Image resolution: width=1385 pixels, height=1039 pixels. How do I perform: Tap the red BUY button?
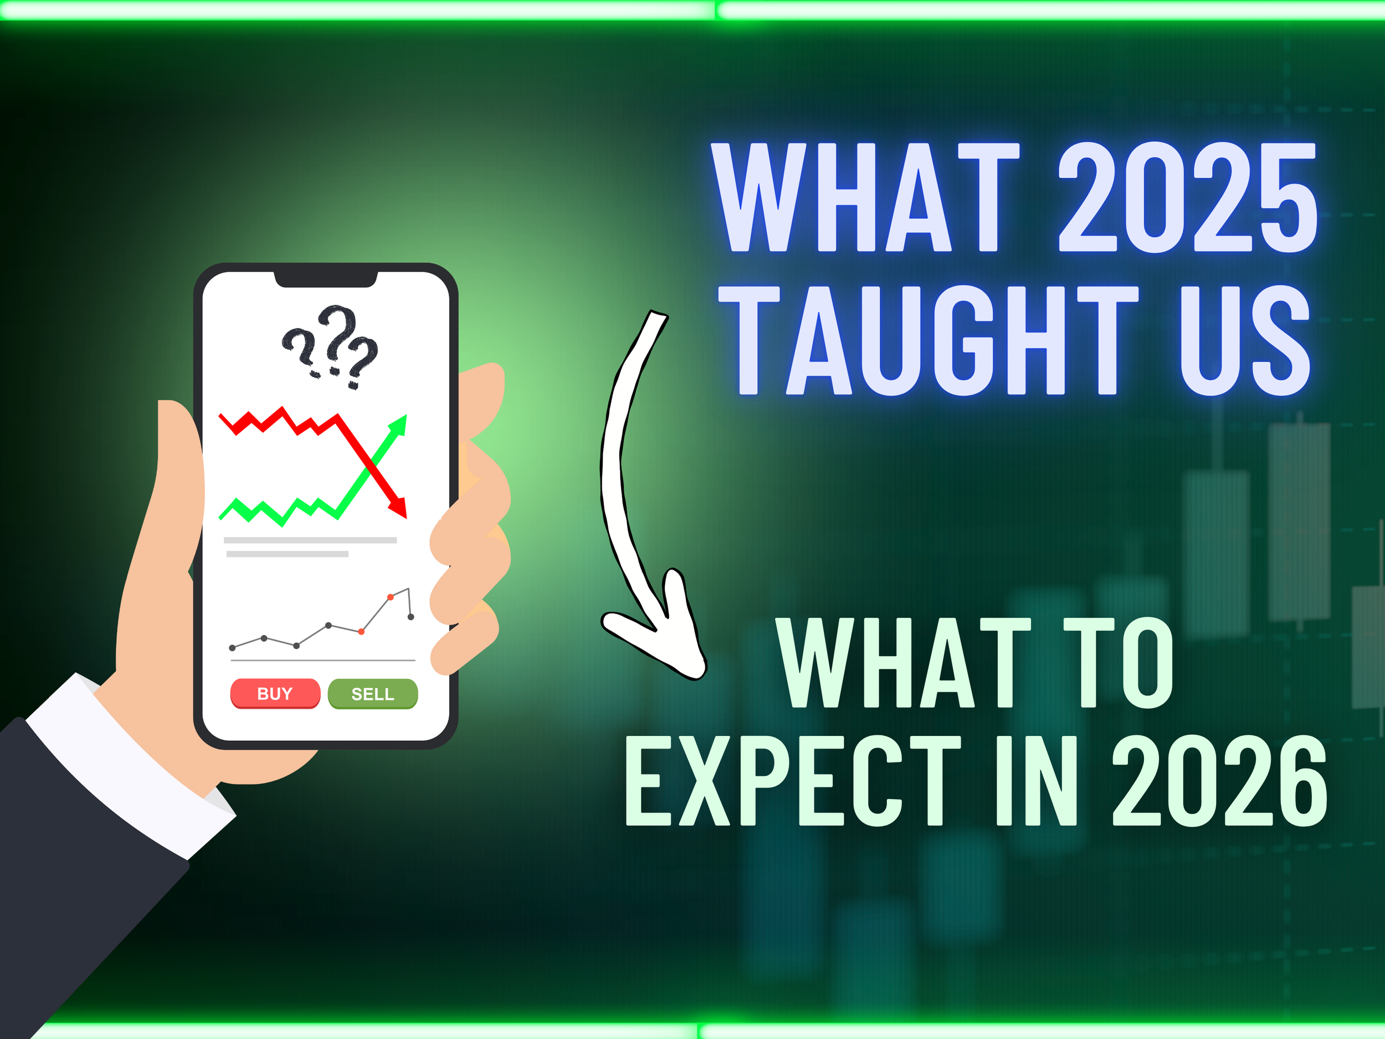[x=275, y=693]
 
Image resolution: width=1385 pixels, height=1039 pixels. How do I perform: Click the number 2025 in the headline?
[x=1188, y=197]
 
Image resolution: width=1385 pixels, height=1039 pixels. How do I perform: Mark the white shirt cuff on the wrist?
[x=125, y=764]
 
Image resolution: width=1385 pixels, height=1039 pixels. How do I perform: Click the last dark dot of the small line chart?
[x=411, y=617]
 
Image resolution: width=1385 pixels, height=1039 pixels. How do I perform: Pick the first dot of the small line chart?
[x=232, y=648]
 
